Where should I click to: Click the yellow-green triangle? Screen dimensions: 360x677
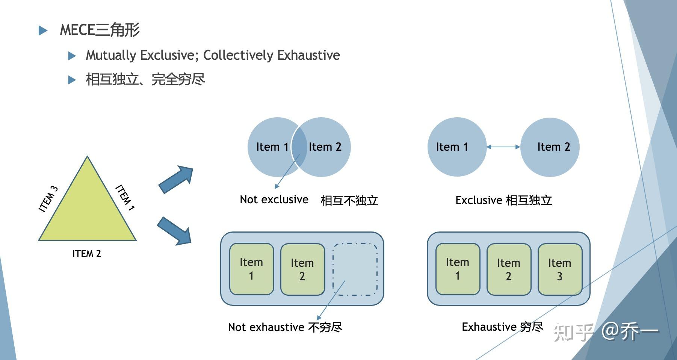(x=87, y=210)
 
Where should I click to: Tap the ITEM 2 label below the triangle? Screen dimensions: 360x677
(x=86, y=254)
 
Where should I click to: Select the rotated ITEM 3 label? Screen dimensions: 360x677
(x=48, y=199)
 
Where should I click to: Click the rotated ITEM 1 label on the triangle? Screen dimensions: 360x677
(x=125, y=197)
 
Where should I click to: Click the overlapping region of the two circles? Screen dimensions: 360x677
(x=299, y=147)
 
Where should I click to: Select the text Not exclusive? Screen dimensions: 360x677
(x=274, y=200)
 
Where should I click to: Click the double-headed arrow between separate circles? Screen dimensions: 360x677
(x=503, y=147)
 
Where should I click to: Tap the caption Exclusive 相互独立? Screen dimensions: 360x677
(x=503, y=200)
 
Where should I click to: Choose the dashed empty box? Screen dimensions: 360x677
(x=355, y=269)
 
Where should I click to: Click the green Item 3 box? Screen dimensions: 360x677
(x=559, y=269)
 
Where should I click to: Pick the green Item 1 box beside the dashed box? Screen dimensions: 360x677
(x=251, y=269)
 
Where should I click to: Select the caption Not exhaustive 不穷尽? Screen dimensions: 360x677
(x=285, y=327)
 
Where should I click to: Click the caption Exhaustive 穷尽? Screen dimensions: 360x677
(x=502, y=327)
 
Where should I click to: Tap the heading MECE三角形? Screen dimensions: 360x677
(x=100, y=30)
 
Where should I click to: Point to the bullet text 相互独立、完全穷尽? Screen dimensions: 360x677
(x=145, y=80)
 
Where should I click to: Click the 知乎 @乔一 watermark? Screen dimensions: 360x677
(x=606, y=332)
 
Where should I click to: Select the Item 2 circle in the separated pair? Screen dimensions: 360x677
(x=550, y=147)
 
